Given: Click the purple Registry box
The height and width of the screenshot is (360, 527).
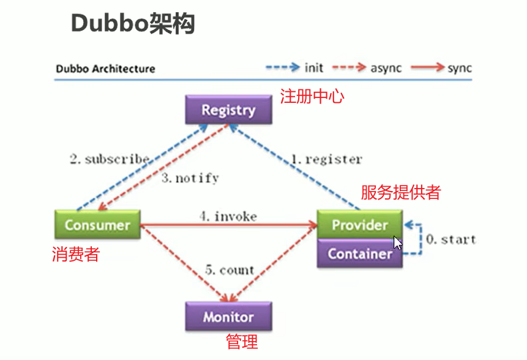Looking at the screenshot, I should click(x=228, y=110).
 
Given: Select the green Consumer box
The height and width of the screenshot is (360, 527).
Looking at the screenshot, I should click(x=97, y=225).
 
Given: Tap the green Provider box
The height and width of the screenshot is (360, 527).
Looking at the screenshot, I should click(x=360, y=225).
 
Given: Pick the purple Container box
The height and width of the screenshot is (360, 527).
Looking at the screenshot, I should click(x=360, y=253).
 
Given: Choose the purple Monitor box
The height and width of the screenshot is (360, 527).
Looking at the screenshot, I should click(x=228, y=317).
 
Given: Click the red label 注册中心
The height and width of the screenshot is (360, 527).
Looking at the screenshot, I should click(x=312, y=96).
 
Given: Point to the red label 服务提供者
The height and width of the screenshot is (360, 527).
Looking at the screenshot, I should click(x=401, y=192).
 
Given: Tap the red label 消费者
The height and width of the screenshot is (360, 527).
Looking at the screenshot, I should click(x=75, y=254).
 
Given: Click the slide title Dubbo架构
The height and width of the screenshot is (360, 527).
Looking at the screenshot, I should click(x=133, y=24).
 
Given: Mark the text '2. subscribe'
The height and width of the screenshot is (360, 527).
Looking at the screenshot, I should click(x=109, y=159).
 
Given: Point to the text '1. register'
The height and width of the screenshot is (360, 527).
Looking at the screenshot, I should click(x=326, y=159).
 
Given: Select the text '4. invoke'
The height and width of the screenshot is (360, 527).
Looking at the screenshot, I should click(x=228, y=216).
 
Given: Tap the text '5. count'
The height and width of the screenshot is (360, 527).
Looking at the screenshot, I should click(x=229, y=270).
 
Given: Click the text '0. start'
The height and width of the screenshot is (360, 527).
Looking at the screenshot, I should click(x=450, y=239).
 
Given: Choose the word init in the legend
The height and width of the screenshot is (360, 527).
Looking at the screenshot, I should click(x=314, y=67).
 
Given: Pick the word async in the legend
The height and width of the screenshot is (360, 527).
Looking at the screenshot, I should click(x=386, y=67).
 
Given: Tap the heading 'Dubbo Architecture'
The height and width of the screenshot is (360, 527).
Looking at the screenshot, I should click(x=105, y=68).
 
